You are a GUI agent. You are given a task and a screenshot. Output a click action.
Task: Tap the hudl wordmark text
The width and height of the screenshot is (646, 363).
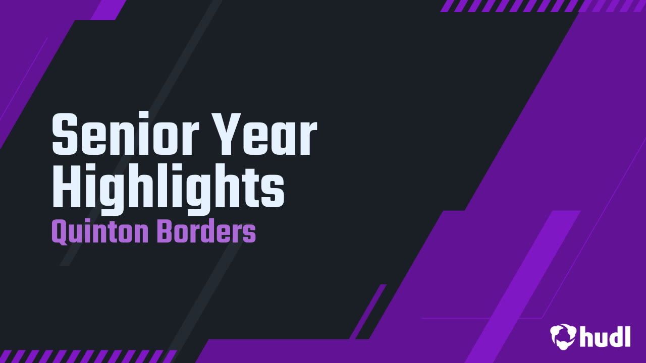tap(605, 336)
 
